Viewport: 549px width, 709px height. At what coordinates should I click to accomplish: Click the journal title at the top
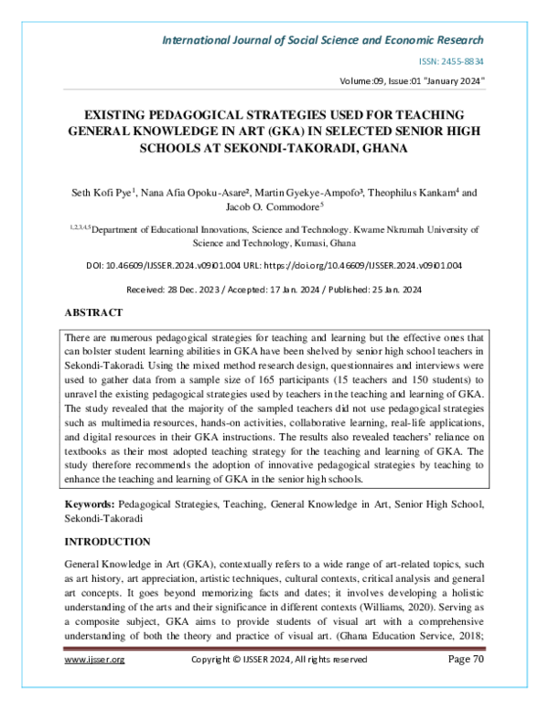coord(323,40)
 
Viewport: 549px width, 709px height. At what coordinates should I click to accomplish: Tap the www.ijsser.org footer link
coord(94,685)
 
